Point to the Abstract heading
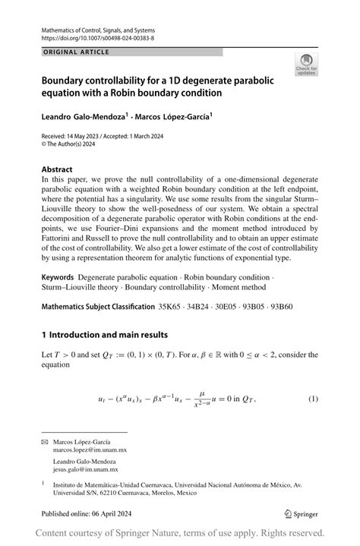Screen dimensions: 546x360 point(57,169)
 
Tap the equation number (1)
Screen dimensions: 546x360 point(312,399)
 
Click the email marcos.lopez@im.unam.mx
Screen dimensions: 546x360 point(94,450)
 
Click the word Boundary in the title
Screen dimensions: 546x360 point(68,80)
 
